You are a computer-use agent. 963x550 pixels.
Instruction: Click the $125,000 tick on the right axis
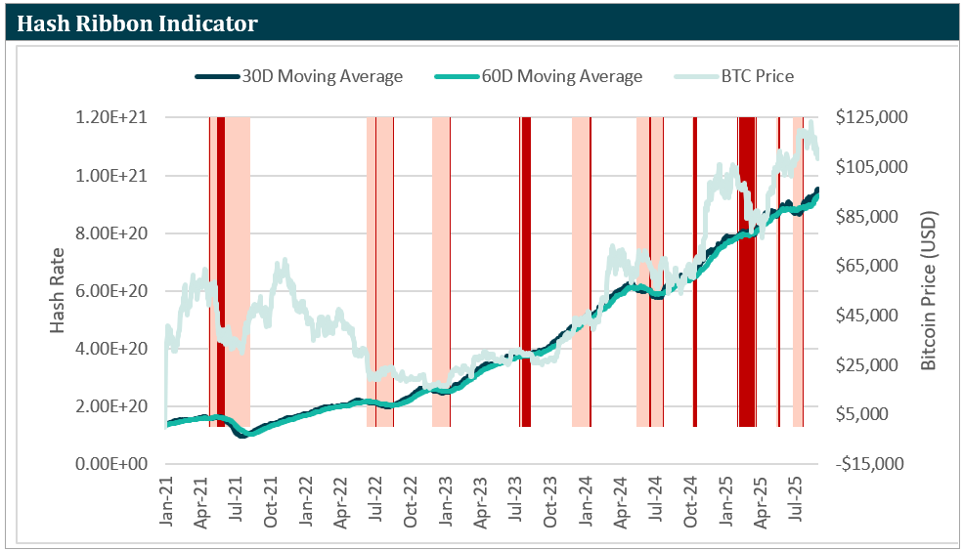(x=873, y=117)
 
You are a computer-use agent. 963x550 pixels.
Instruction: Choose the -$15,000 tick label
(x=871, y=464)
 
